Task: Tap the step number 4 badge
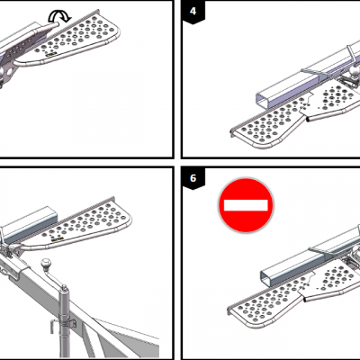(x=193, y=12)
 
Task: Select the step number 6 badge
(x=193, y=178)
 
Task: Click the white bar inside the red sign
(x=246, y=205)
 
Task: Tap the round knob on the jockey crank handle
(x=47, y=264)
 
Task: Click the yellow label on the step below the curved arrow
(x=49, y=55)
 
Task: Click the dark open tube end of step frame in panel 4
(x=308, y=120)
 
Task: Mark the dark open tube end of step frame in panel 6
(x=304, y=300)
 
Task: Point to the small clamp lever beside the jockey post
(x=53, y=327)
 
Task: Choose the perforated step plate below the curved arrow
(x=78, y=38)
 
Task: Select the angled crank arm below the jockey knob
(x=55, y=279)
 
